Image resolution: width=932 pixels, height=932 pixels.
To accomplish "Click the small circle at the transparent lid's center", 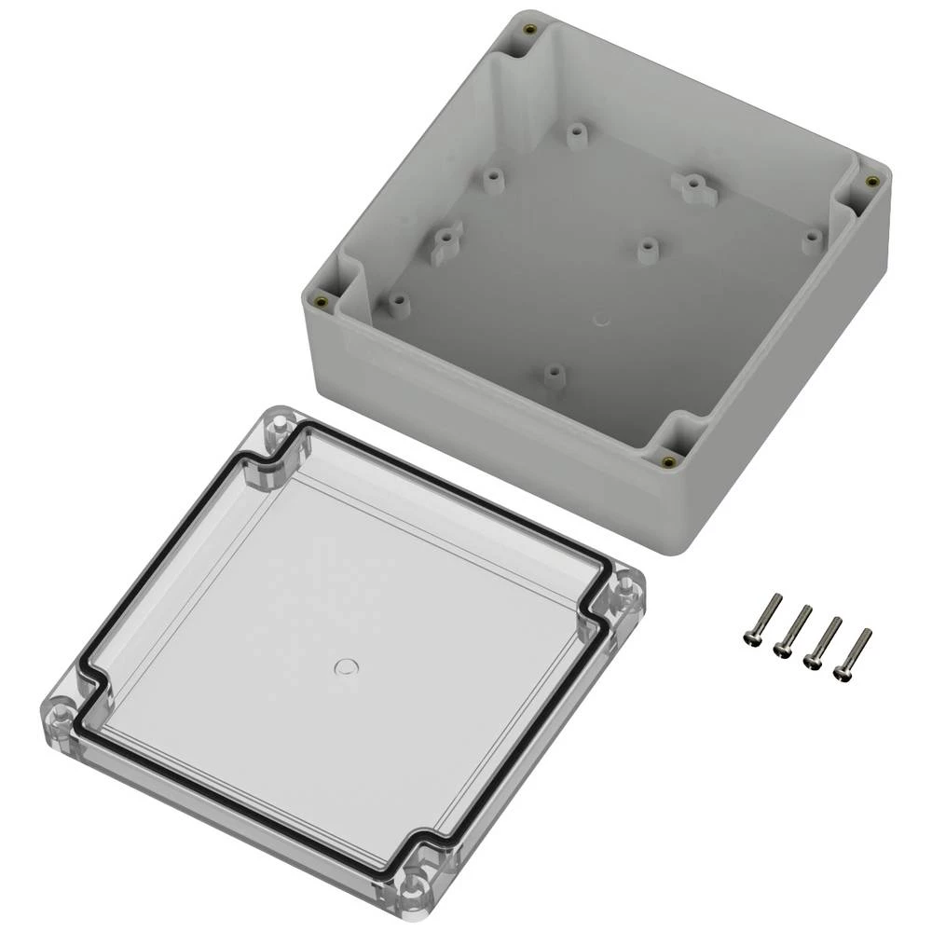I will [346, 665].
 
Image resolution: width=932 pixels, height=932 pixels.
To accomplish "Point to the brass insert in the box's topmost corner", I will [529, 29].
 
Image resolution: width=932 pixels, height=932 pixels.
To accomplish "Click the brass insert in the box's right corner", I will [872, 182].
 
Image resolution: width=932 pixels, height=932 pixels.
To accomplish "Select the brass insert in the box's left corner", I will [322, 300].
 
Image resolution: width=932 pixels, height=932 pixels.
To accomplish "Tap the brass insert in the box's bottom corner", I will [667, 460].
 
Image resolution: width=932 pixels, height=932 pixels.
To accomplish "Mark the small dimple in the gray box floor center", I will [602, 322].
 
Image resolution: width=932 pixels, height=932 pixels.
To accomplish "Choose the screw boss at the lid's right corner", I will [625, 594].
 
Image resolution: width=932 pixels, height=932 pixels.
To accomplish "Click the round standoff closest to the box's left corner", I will [400, 303].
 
